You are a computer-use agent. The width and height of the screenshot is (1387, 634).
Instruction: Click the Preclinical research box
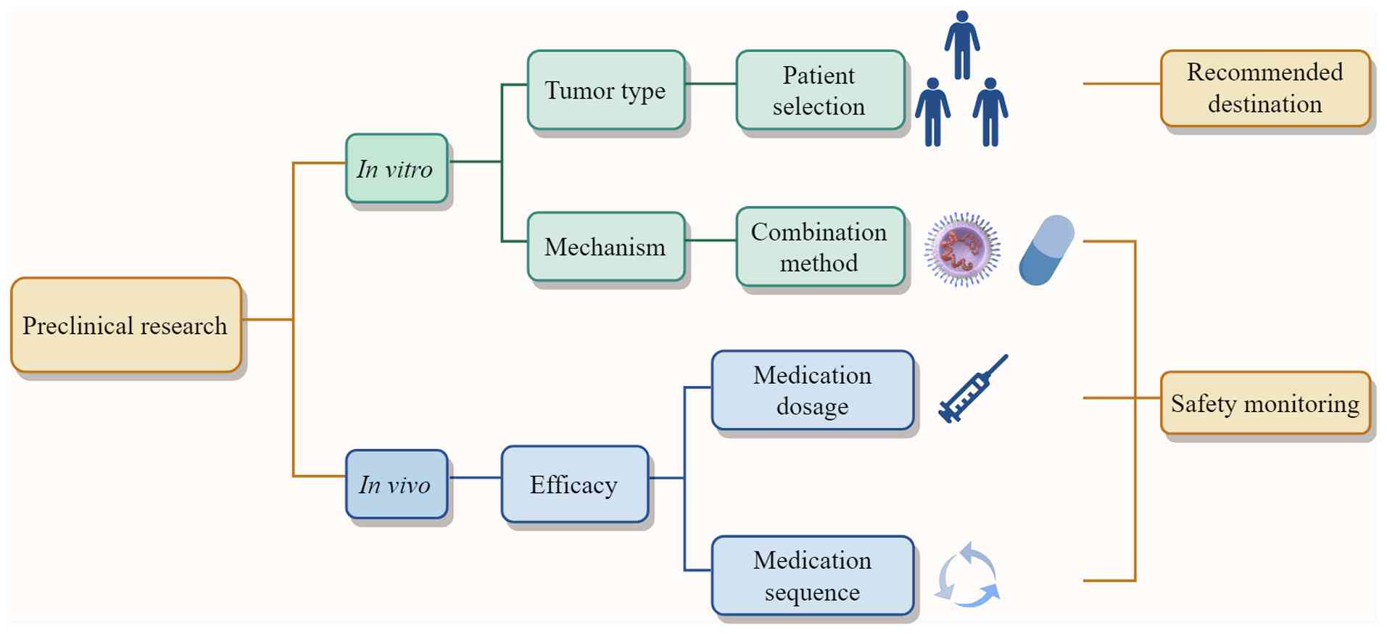coord(126,325)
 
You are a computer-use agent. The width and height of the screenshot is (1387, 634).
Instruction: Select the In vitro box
coord(397,168)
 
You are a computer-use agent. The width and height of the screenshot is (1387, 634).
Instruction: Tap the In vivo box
coord(397,484)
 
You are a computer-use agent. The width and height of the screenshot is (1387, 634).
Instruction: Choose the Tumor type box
coord(606,90)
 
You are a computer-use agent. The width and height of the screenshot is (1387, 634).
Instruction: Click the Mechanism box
coord(606,247)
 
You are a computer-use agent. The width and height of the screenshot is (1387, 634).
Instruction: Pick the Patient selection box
coord(821,90)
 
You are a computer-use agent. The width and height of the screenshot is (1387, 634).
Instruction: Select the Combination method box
coord(821,247)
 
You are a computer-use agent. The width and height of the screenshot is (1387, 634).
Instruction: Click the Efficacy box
coord(575,484)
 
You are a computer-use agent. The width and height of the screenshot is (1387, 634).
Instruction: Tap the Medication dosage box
coord(813,390)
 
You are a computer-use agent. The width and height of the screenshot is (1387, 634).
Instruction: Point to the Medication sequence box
coord(813,576)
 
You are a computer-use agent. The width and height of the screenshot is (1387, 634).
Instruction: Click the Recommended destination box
coord(1265,88)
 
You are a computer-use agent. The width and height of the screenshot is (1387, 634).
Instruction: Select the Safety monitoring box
coord(1265,403)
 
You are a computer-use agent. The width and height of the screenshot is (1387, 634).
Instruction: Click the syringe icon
coord(972,389)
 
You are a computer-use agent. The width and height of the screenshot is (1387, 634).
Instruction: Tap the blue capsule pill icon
coord(1046,250)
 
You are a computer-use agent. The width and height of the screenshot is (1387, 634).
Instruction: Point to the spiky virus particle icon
coord(962,249)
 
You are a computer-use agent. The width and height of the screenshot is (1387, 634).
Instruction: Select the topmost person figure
coord(962,44)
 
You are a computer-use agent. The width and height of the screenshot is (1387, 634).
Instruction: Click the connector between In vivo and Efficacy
coord(475,477)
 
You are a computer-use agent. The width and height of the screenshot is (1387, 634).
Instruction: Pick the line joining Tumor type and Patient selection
coord(711,83)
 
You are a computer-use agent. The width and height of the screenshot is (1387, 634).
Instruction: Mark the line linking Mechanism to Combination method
coord(711,240)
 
